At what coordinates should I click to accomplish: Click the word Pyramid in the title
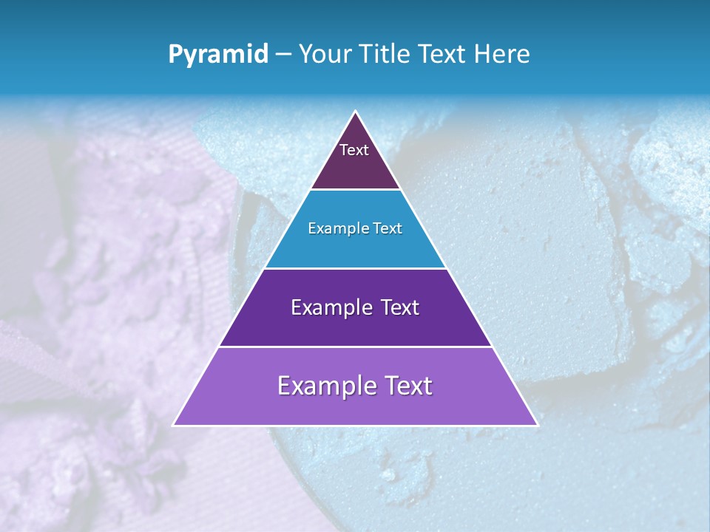click(x=217, y=55)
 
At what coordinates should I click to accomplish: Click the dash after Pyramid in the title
click(x=283, y=55)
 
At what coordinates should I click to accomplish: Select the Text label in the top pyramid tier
click(x=354, y=150)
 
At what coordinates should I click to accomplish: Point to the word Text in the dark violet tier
click(x=399, y=307)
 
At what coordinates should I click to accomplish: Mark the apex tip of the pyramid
click(x=356, y=112)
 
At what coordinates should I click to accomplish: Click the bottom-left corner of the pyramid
click(x=175, y=425)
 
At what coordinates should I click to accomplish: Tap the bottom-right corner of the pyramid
click(x=536, y=425)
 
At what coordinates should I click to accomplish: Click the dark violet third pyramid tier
click(x=355, y=329)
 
